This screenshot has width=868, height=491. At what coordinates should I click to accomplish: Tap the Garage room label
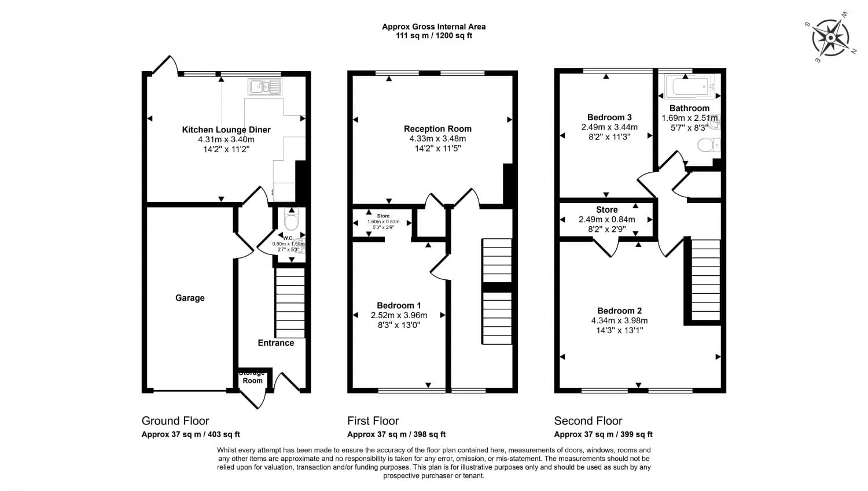(x=190, y=298)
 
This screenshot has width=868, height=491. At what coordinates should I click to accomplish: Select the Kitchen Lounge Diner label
(x=226, y=130)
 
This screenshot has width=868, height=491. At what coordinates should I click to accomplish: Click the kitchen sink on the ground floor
(x=264, y=87)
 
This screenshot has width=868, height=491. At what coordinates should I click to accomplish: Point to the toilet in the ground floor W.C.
(x=291, y=221)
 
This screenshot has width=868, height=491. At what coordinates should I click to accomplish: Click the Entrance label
(x=275, y=343)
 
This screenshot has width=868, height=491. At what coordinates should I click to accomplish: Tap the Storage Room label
(x=252, y=377)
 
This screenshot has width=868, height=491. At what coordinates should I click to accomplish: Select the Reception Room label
(x=437, y=129)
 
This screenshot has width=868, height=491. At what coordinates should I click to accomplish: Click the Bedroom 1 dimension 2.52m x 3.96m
(x=399, y=315)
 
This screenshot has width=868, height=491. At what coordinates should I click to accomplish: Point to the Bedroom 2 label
(x=619, y=311)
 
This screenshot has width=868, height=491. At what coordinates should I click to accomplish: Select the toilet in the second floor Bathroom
(x=708, y=145)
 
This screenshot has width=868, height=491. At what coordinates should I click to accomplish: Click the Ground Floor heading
(x=175, y=421)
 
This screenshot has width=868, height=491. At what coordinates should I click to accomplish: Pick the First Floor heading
(x=373, y=421)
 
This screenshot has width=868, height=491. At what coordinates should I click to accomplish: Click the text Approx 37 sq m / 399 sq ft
(x=603, y=434)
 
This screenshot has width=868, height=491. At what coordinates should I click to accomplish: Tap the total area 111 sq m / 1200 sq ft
(x=433, y=36)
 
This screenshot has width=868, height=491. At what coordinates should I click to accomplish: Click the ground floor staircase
(x=289, y=307)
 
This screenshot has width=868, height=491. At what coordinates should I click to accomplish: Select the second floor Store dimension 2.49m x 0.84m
(x=606, y=220)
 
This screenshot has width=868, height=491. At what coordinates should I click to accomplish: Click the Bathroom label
(x=689, y=108)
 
